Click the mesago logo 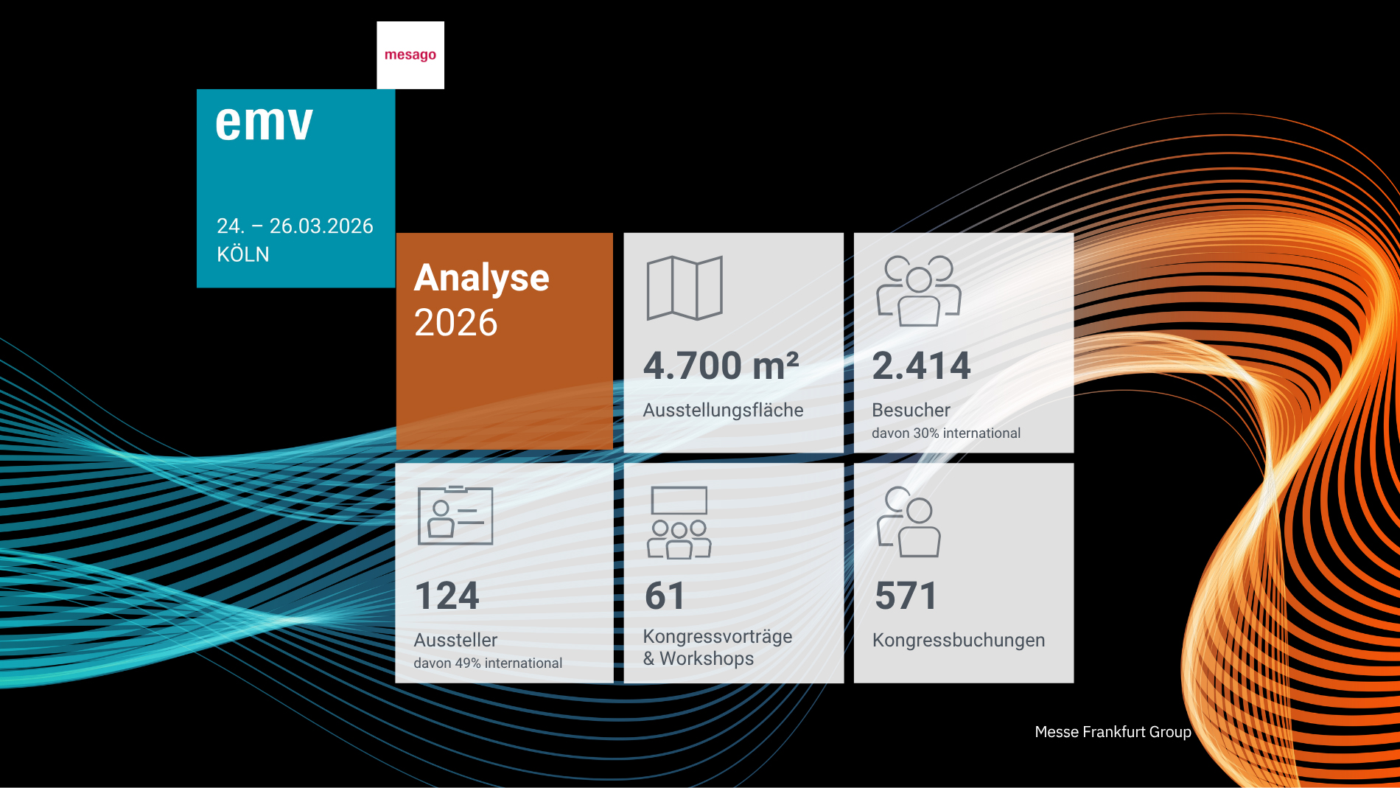[410, 55]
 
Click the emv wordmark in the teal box [264, 123]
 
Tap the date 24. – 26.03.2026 [295, 226]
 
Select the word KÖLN [242, 254]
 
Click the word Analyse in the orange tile [481, 278]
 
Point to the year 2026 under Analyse [455, 323]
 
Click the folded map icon [685, 288]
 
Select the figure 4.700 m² [721, 366]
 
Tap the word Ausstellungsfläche [722, 410]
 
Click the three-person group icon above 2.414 [918, 290]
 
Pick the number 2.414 [921, 366]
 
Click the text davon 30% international [945, 433]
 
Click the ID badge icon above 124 [455, 515]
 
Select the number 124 [447, 596]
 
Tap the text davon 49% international [487, 663]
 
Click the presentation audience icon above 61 [679, 522]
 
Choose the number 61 [665, 596]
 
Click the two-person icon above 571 [909, 522]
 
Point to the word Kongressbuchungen [958, 640]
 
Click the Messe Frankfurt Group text [1113, 732]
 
